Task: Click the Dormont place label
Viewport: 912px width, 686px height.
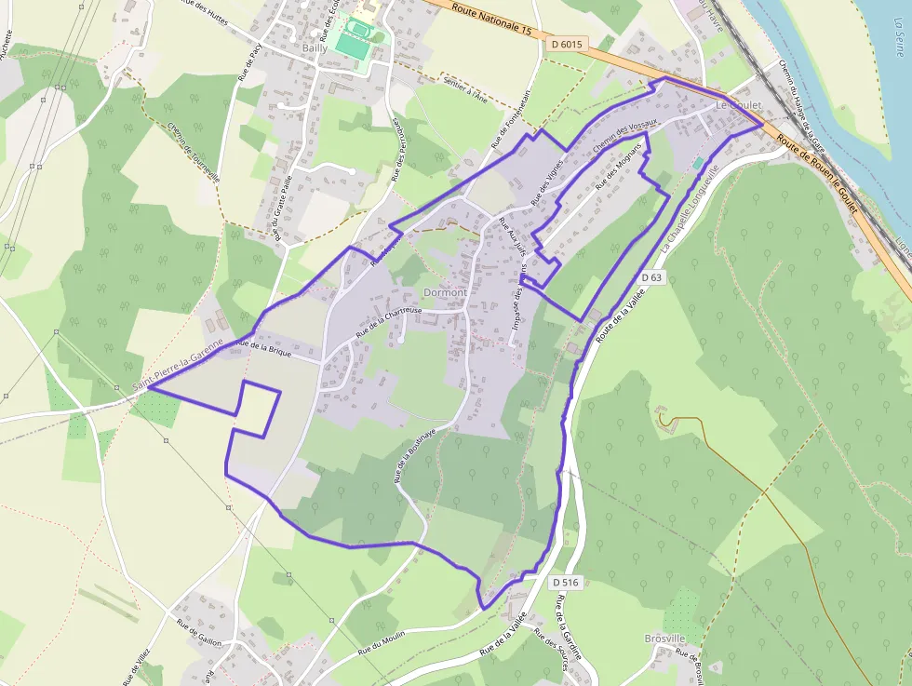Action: point(445,292)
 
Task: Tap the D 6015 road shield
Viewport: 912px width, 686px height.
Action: point(566,44)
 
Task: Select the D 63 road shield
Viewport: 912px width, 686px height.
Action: point(652,277)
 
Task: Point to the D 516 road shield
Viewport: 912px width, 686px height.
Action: point(565,583)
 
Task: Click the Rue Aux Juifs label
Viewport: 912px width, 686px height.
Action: point(513,237)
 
